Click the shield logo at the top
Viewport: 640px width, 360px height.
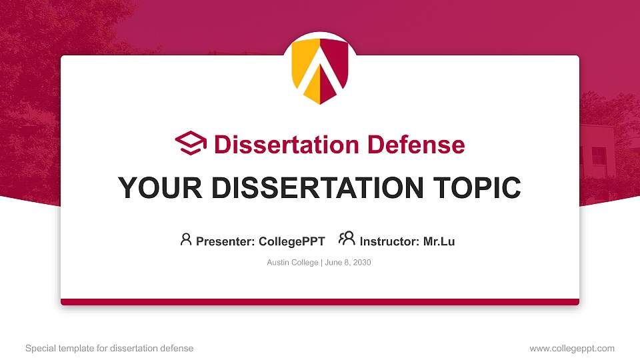320,69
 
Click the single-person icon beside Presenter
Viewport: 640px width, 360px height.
186,239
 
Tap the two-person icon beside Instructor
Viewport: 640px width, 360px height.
347,239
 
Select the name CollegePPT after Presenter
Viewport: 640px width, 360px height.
291,241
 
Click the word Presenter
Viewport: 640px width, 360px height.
224,241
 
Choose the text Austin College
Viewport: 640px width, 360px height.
293,263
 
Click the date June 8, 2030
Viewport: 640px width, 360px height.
347,263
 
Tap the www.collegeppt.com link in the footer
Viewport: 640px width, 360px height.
572,348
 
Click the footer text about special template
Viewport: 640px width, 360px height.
109,348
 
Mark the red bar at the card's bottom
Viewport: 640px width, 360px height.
320,302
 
